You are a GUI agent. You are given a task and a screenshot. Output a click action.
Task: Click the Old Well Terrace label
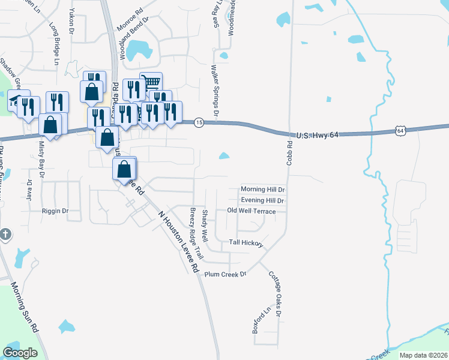click(x=252, y=211)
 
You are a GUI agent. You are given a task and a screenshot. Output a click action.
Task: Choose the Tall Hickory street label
click(x=246, y=242)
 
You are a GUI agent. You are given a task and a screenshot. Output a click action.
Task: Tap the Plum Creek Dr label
click(x=226, y=274)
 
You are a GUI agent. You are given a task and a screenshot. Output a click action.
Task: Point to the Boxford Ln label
click(x=258, y=321)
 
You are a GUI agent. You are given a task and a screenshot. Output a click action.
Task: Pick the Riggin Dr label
click(x=55, y=211)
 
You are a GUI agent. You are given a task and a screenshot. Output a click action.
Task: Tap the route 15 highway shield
click(x=199, y=122)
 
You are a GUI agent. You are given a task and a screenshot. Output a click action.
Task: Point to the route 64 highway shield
click(x=400, y=130)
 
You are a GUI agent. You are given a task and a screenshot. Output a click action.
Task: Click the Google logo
click(x=20, y=353)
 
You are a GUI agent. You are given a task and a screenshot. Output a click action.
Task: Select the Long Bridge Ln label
click(x=55, y=44)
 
